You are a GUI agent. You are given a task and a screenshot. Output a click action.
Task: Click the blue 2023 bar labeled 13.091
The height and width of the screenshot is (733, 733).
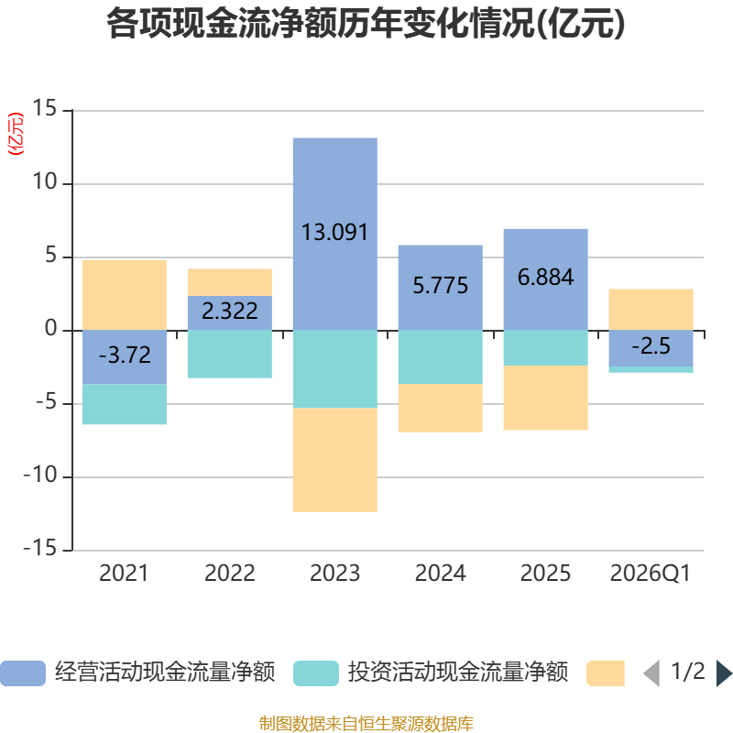tap(334, 235)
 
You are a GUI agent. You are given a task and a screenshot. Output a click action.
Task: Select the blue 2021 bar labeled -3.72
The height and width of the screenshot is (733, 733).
tap(125, 357)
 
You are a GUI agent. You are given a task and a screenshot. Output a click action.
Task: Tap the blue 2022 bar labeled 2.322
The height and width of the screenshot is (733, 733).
tap(230, 313)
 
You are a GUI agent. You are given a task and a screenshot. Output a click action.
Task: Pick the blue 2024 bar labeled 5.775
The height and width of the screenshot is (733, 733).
tap(440, 288)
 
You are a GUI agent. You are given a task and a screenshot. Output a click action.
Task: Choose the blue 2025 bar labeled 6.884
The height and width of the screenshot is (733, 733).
tap(545, 279)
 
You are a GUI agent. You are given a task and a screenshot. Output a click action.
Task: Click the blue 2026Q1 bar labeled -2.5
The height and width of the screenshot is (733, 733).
tap(651, 348)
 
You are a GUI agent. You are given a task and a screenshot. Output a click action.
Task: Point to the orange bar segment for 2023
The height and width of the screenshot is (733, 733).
tap(334, 460)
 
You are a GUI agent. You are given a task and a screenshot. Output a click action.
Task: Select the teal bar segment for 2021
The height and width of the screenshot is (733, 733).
tap(125, 404)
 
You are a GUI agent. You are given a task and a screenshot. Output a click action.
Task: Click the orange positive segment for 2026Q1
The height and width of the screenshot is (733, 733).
tap(651, 310)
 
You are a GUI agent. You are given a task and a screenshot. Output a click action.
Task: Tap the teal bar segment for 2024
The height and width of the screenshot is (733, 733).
tap(440, 357)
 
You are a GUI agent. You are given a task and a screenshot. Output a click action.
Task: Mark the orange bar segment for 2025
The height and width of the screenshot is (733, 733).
tap(545, 398)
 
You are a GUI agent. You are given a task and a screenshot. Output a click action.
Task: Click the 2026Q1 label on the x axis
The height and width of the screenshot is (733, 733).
tap(651, 574)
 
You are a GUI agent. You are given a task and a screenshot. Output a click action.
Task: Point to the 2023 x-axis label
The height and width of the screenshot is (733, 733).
tap(334, 574)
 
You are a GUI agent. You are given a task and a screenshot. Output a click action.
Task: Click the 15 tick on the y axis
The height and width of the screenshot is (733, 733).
tap(44, 108)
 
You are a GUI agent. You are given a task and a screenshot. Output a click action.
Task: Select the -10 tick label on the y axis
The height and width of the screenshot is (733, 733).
tap(40, 475)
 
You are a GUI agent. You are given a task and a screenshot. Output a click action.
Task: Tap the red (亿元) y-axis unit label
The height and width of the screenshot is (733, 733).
tap(16, 134)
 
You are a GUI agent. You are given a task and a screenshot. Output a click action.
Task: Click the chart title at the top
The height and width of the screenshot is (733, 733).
tap(366, 24)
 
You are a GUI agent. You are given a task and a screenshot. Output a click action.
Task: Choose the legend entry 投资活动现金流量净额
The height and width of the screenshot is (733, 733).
tap(431, 673)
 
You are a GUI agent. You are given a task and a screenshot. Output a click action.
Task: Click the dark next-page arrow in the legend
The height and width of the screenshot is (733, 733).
tap(724, 673)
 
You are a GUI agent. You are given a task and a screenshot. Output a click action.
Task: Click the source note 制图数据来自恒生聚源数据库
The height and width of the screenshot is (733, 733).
tap(366, 723)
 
